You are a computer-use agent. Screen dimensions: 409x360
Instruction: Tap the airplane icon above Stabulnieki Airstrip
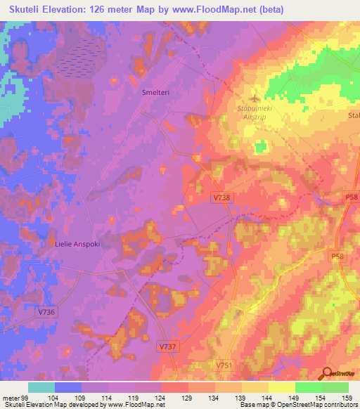pos(255,98)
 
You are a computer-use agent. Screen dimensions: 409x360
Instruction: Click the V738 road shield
pos(221,199)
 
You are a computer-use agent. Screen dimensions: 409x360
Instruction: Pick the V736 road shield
pos(47,311)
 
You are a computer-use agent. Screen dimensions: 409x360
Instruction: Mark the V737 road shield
pos(167,347)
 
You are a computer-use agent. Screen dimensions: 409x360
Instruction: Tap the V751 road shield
pos(224,365)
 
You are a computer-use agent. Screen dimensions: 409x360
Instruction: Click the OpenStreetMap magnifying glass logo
pos(327,374)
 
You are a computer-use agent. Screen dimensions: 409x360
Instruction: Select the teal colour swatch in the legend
pos(41,387)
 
